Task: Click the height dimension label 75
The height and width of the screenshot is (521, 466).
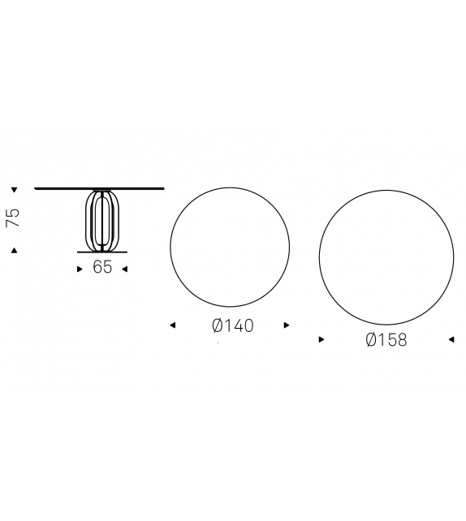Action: coord(13,218)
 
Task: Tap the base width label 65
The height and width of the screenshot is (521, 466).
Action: coord(102,267)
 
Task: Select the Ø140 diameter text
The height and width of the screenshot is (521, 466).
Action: coord(233,325)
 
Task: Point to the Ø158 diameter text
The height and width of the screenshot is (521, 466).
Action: coord(386,340)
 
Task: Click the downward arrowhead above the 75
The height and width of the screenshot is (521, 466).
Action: coord(14,190)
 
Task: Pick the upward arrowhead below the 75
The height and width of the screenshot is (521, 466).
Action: coord(14,251)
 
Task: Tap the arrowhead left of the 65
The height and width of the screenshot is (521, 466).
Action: coord(80,269)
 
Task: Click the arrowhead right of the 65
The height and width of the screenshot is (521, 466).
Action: coord(125,269)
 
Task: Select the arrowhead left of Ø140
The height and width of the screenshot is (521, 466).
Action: coord(172,325)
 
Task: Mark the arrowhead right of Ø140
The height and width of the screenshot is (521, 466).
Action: coord(287,325)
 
